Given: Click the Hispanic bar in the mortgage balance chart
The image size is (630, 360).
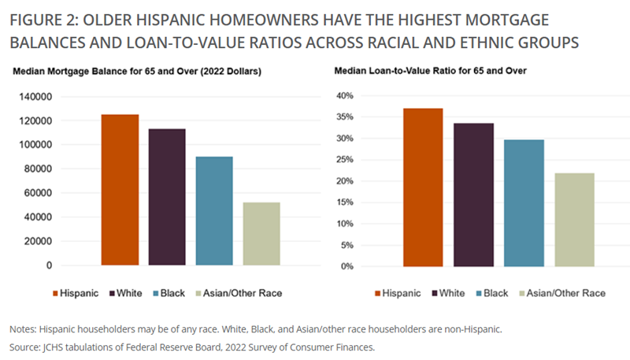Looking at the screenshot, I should (x=120, y=190).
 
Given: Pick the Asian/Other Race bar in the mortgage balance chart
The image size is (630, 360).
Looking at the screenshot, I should (x=261, y=234).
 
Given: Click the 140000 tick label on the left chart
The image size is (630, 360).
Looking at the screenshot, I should (x=35, y=97).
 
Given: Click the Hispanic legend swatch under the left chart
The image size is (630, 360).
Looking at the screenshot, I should (x=55, y=294).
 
